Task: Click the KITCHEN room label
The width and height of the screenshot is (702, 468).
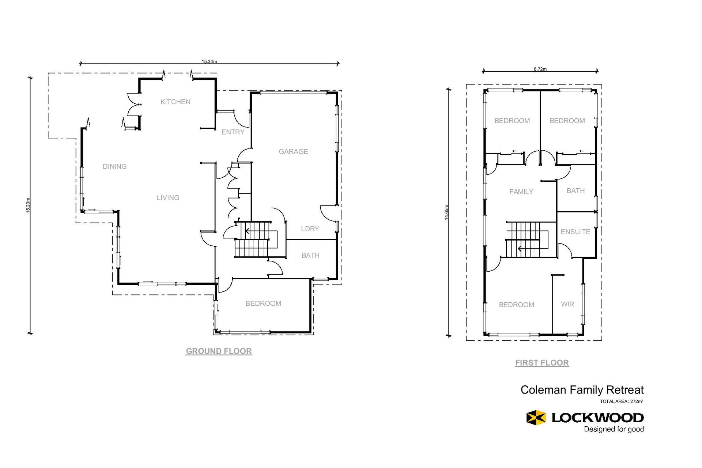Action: coord(175,102)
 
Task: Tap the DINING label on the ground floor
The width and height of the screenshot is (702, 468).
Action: coord(114,167)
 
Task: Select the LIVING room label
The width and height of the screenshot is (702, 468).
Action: coord(168,198)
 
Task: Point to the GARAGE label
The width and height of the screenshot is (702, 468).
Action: coord(293,152)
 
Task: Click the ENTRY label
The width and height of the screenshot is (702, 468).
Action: coord(233,132)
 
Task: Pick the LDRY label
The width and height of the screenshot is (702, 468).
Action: coord(310,229)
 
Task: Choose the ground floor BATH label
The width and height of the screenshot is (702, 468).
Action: coord(310,256)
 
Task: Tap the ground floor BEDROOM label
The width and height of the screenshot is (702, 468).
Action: coord(263,303)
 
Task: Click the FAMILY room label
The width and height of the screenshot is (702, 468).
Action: coord(521,192)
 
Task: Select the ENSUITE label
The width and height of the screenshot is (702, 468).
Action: coord(575,232)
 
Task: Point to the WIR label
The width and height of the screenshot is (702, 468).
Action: coord(567,304)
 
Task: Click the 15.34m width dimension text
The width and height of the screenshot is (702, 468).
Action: coord(209,61)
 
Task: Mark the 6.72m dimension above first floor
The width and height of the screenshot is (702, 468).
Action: coord(540,69)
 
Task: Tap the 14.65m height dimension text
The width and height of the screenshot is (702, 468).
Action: coord(446,212)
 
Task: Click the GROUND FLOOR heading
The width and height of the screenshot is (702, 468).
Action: coord(219,351)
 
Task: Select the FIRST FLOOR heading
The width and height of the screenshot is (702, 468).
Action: coord(542,363)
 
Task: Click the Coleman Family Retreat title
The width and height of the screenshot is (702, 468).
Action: coord(582,390)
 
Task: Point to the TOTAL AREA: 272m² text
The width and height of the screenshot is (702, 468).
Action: coord(622,401)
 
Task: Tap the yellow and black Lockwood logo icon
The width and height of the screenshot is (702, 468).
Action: coord(536,418)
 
